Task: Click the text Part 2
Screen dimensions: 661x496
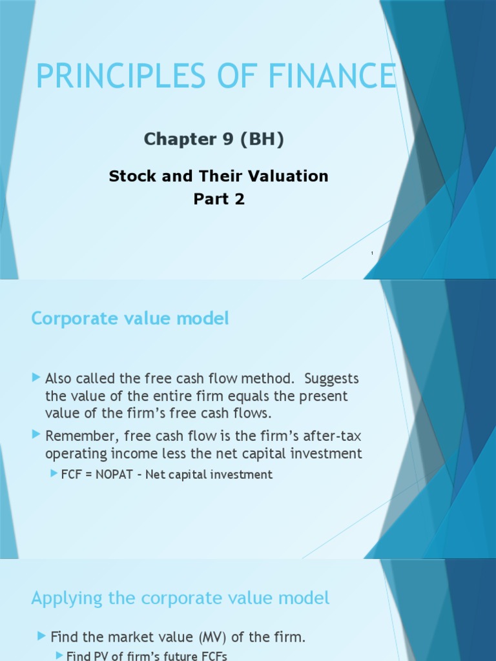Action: (219, 199)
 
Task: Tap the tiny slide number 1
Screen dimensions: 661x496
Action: (373, 253)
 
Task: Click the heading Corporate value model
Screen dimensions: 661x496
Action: (130, 318)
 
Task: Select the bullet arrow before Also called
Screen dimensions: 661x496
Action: (36, 377)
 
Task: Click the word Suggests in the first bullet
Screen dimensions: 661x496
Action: (331, 378)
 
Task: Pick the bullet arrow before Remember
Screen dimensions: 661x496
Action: (36, 435)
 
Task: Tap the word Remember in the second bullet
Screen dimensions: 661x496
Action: (79, 436)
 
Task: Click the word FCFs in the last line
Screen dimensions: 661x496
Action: (213, 656)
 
